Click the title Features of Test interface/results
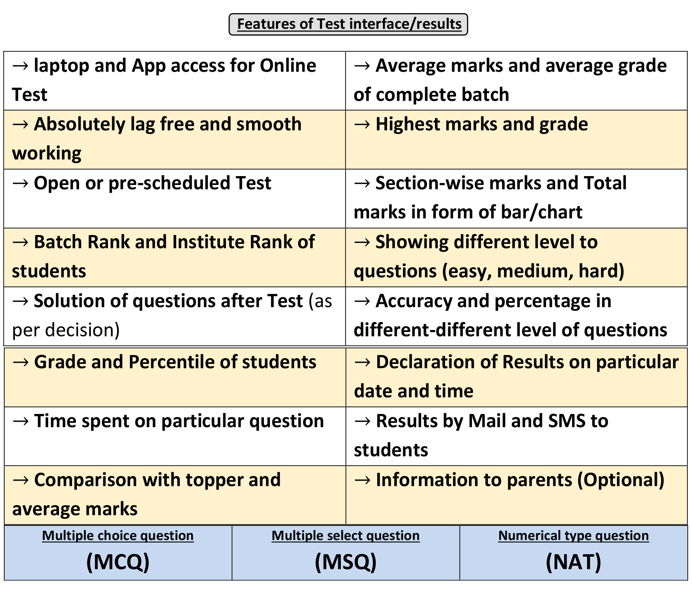pyautogui.click(x=349, y=24)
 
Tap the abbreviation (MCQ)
pyautogui.click(x=118, y=562)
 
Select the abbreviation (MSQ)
pyautogui.click(x=346, y=562)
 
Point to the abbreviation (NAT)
pyautogui.click(x=573, y=562)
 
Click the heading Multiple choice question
pyautogui.click(x=118, y=535)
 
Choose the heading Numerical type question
pyautogui.click(x=573, y=535)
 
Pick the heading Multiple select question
pyautogui.click(x=346, y=535)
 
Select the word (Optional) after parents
pyautogui.click(x=621, y=480)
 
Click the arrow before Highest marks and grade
pyautogui.click(x=362, y=125)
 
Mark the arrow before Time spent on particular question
pyautogui.click(x=21, y=421)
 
